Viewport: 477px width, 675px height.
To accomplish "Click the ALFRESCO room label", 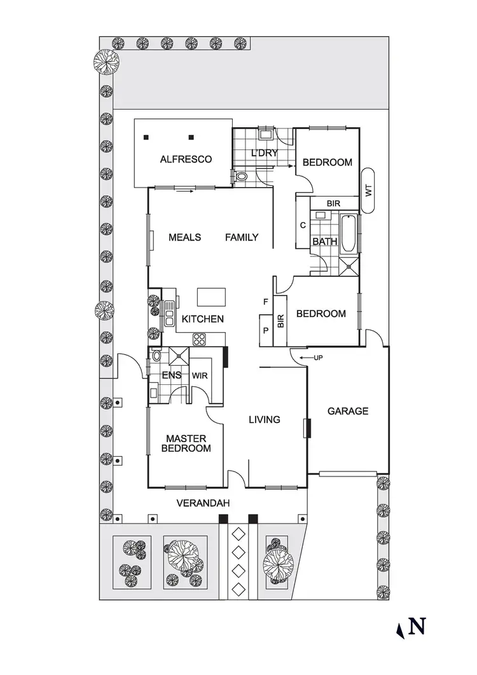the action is pos(186,159).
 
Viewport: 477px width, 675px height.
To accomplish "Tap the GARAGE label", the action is pos(348,411).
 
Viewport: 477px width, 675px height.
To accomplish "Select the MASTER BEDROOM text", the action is pos(186,443).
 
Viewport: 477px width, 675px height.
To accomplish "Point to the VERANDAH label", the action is pos(202,503).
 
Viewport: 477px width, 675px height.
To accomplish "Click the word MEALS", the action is pos(184,237).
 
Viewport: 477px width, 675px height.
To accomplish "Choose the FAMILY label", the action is pos(242,237).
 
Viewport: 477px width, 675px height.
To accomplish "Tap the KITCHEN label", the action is pos(203,319).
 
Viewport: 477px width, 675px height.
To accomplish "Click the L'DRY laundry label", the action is pos(263,153).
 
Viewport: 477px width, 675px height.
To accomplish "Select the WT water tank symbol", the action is pos(368,190).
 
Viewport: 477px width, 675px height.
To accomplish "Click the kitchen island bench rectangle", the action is pos(211,297).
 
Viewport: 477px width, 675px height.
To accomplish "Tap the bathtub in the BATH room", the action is pos(349,235).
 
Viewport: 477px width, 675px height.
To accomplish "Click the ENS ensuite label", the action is pos(172,375).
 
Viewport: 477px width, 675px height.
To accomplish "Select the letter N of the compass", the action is pos(417,627).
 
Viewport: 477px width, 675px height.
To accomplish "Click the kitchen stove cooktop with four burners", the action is pos(199,338).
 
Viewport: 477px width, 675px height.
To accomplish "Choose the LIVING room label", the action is pos(264,419).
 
